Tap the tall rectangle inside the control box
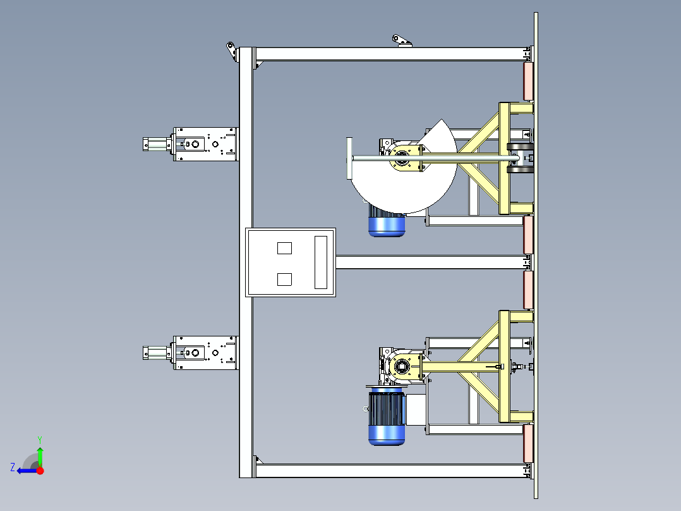coord(320,262)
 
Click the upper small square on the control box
coord(284,248)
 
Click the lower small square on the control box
coord(284,279)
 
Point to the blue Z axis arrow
coord(27,471)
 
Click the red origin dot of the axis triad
coord(40,471)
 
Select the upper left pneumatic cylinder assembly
coord(190,144)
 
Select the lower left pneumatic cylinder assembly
coord(190,353)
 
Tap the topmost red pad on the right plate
coord(528,82)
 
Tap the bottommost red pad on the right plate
coord(528,443)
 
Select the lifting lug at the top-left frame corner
coord(232,51)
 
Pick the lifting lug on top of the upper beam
coord(402,41)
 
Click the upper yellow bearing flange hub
coord(406,157)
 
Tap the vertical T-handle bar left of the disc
coord(349,158)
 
